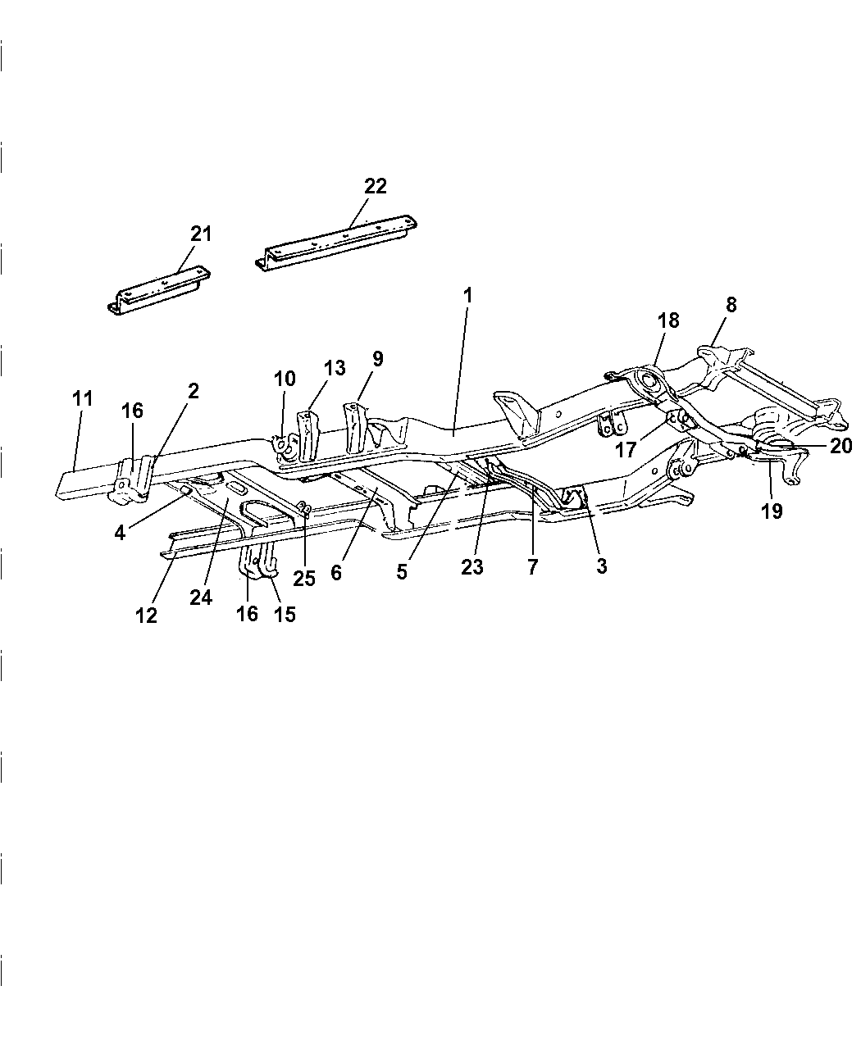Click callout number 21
click(x=201, y=234)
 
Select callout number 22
click(x=375, y=186)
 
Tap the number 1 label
click(x=467, y=295)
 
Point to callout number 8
click(x=731, y=305)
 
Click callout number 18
click(x=668, y=320)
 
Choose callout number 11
click(x=82, y=400)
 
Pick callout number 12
click(x=146, y=616)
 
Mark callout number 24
click(x=201, y=597)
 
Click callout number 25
click(x=304, y=578)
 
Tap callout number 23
click(x=472, y=567)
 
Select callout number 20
click(x=840, y=446)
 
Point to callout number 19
click(x=772, y=511)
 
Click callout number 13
click(x=335, y=368)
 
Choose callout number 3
click(x=602, y=566)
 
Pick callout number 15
click(x=285, y=613)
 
